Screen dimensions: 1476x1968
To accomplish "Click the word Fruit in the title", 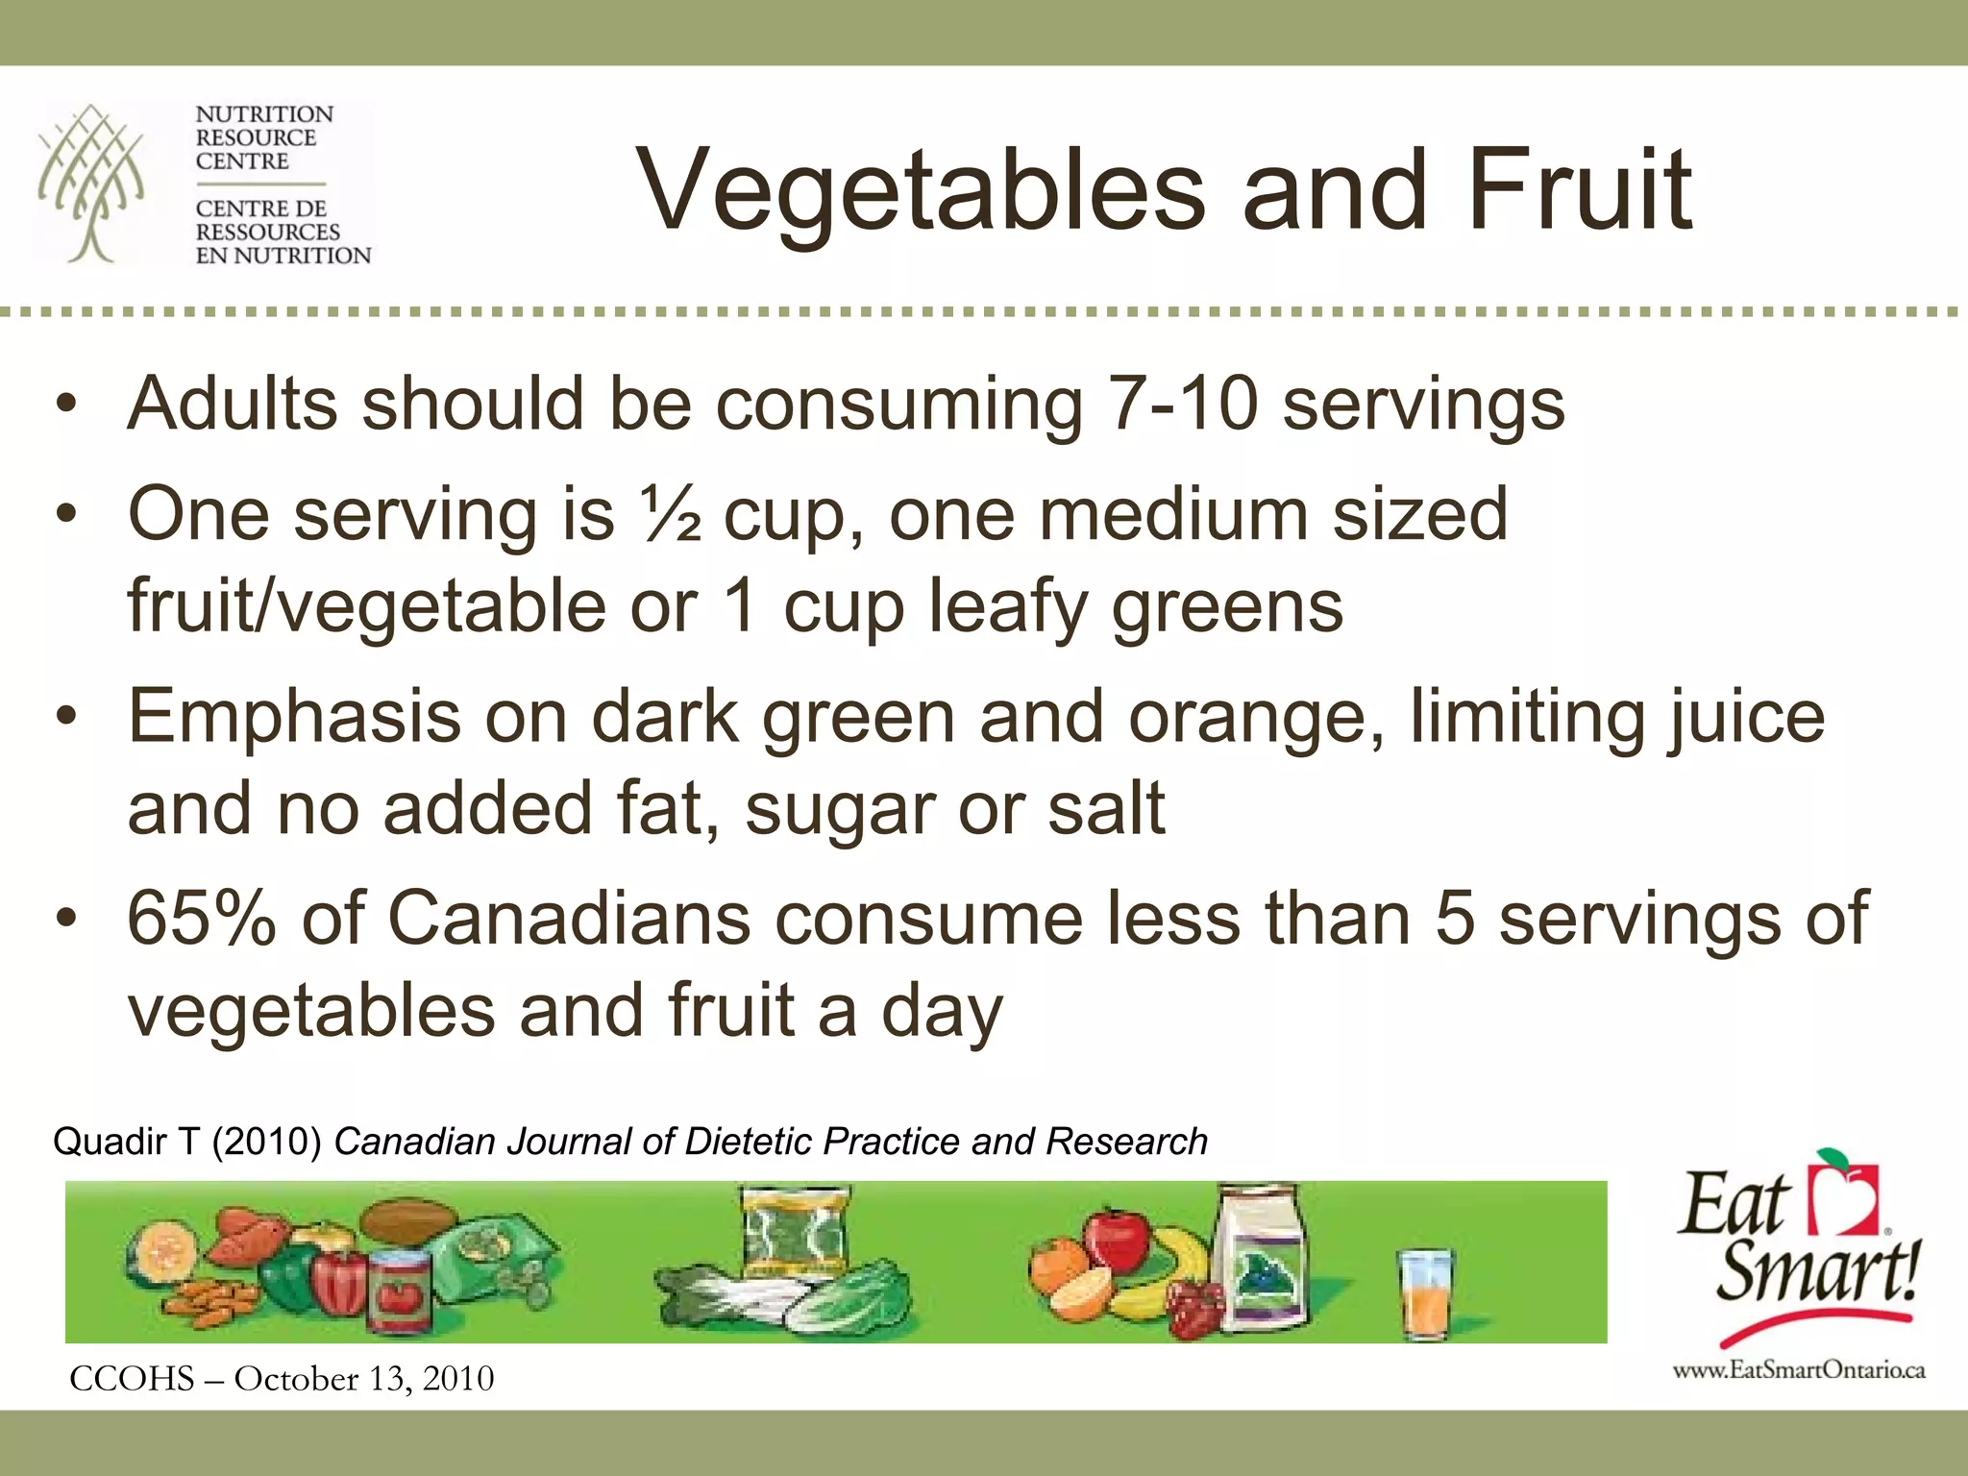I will click(1578, 189).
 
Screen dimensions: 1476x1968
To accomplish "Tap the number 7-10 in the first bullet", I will click(1181, 404).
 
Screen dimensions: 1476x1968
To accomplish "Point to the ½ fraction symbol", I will click(669, 515).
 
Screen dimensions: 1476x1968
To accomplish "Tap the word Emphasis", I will click(294, 717).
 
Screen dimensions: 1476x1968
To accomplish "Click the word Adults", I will click(233, 404).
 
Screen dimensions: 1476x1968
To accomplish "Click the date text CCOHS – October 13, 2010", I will click(282, 1379).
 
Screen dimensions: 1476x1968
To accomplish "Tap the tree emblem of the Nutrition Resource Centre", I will click(91, 183).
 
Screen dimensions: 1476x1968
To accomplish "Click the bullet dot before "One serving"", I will click(64, 517).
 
